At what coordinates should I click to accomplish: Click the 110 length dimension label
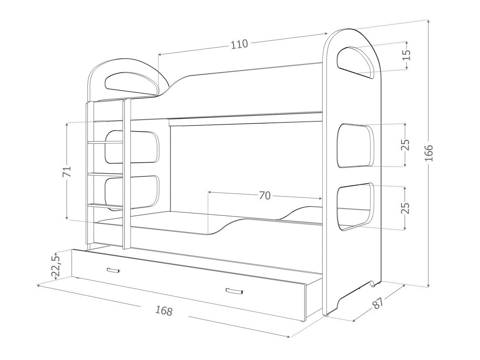(x=239, y=44)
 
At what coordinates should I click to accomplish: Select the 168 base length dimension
(x=164, y=311)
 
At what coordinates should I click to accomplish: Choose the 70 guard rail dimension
(x=265, y=195)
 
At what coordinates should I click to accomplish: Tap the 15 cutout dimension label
(x=406, y=55)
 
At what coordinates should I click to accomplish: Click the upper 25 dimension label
(x=405, y=145)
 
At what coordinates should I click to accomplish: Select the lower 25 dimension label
(x=405, y=208)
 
